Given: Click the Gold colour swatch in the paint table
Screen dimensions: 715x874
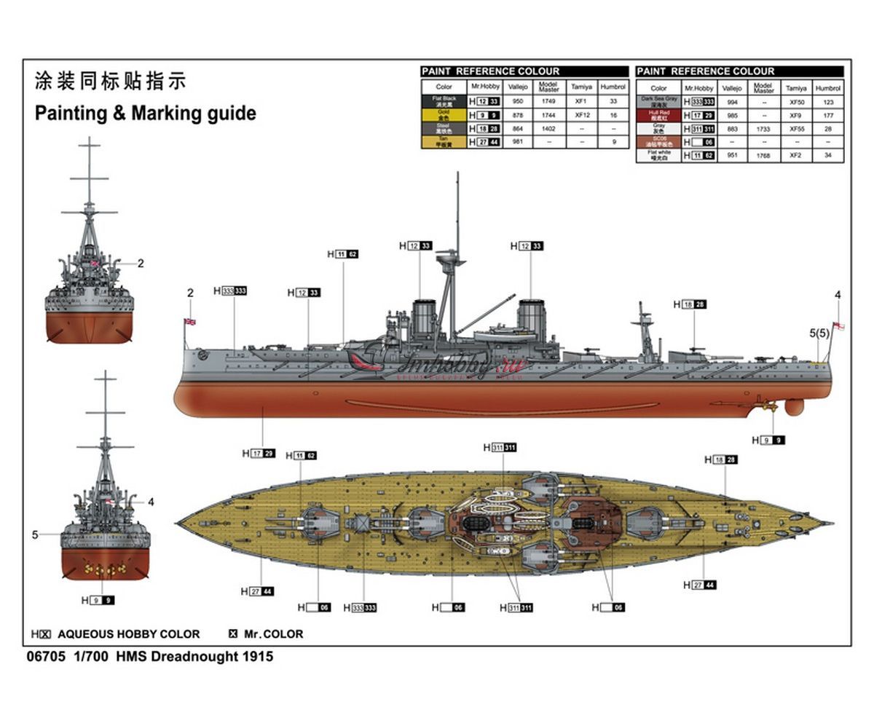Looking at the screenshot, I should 444,115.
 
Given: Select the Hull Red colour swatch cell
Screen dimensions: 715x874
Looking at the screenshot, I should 658,115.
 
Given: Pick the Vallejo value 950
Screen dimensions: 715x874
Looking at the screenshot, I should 519,101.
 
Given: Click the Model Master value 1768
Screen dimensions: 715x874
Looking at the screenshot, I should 763,155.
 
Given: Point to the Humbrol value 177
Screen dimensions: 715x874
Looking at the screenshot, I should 828,116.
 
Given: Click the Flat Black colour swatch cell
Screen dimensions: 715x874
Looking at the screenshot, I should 444,101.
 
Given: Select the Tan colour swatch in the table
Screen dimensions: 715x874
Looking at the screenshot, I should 444,142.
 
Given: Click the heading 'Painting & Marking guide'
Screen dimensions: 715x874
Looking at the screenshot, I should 146,114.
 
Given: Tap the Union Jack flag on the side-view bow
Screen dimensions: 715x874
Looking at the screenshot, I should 190,321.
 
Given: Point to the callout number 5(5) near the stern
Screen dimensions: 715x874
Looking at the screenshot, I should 819,333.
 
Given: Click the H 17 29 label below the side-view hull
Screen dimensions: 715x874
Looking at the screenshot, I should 259,454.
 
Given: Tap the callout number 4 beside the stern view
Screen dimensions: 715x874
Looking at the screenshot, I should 151,502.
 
